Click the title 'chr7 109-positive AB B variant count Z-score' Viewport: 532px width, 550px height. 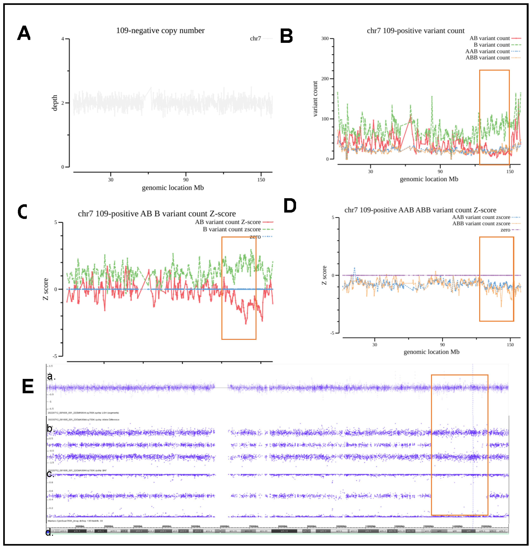(x=157, y=214)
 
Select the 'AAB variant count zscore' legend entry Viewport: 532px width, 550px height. (x=481, y=217)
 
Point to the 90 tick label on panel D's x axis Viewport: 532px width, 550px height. (x=442, y=345)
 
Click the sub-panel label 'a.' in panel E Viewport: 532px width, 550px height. (x=51, y=376)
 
